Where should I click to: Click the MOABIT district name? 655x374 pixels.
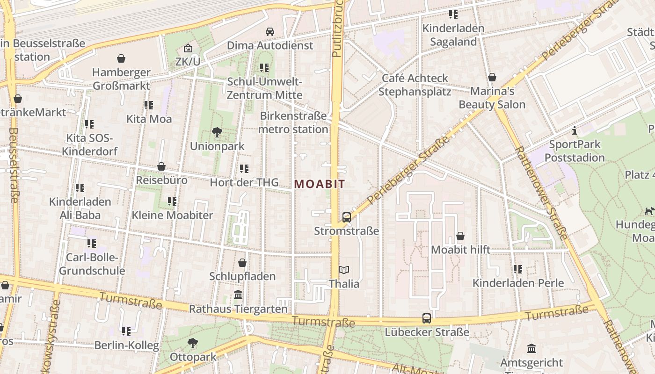click(320, 184)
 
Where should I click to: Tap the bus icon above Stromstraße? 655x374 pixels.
click(346, 217)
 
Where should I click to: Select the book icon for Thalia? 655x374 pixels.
click(344, 270)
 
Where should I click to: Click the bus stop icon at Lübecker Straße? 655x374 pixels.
click(427, 318)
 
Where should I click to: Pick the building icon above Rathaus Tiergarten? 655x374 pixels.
click(238, 295)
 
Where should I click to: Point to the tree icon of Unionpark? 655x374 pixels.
click(217, 132)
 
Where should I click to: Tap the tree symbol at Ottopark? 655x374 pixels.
click(192, 344)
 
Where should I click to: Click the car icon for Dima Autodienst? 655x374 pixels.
click(270, 32)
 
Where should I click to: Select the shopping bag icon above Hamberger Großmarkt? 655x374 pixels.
click(121, 58)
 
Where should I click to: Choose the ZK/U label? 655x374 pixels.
click(188, 62)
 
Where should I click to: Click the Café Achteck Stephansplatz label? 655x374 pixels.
click(415, 85)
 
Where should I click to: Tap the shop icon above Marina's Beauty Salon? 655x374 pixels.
click(492, 77)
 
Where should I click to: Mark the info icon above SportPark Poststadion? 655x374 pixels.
click(575, 130)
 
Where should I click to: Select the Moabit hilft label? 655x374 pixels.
click(460, 250)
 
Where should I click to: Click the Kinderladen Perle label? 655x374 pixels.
click(518, 283)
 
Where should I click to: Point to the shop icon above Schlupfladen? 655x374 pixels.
click(242, 263)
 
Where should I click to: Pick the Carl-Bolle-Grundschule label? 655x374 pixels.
click(92, 264)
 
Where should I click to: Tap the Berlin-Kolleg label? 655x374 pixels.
click(126, 345)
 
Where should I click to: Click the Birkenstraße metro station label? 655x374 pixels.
click(293, 122)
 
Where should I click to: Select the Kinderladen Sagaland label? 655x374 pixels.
click(453, 35)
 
